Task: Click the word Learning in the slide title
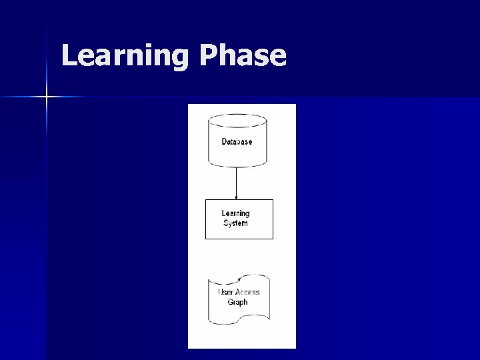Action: (x=125, y=57)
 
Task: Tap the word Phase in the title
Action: (x=242, y=57)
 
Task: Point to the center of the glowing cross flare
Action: (x=47, y=97)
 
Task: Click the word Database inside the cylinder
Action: (x=237, y=142)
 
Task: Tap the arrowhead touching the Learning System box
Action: (x=237, y=197)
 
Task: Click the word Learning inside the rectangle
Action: (x=235, y=214)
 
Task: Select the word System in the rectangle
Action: (x=235, y=223)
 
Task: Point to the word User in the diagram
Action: (x=225, y=293)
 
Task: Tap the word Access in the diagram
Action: (x=247, y=293)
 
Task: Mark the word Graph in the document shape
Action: (x=237, y=302)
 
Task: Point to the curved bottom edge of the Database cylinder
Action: (x=237, y=164)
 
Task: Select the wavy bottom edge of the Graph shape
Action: (x=239, y=322)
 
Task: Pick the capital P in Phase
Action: (x=207, y=57)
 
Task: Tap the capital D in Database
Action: (x=225, y=142)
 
